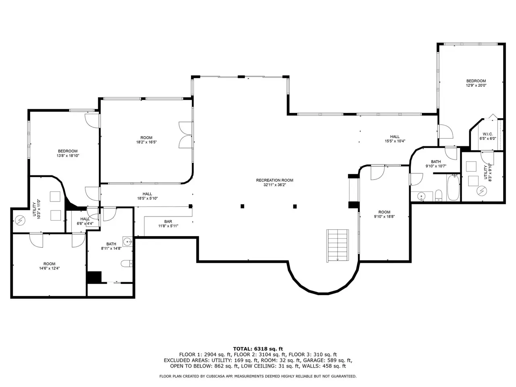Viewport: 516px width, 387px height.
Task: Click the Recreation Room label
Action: [275, 182]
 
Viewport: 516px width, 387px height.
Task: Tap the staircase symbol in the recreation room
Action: [337, 246]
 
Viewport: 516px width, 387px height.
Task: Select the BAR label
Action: [168, 223]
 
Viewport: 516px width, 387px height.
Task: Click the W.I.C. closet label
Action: [487, 136]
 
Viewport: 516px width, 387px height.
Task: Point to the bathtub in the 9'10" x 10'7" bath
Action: [453, 187]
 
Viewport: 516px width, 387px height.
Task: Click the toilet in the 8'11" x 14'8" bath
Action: [127, 263]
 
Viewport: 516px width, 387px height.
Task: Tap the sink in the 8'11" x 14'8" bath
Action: [127, 241]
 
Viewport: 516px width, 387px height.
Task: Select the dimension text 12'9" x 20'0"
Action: [476, 85]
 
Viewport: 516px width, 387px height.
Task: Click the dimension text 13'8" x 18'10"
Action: [68, 156]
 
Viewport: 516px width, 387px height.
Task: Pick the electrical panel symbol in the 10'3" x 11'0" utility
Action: [20, 220]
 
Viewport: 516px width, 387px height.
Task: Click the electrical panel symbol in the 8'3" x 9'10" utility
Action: [481, 191]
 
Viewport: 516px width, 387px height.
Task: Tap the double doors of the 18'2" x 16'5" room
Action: [186, 135]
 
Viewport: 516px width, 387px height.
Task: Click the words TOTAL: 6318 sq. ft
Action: [258, 349]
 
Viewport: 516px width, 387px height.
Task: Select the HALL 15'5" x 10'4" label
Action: [395, 139]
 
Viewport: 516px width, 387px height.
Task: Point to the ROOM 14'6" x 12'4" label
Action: [49, 266]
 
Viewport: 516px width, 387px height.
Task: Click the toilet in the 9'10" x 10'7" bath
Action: [439, 196]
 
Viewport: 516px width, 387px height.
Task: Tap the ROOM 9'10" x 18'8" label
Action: [384, 214]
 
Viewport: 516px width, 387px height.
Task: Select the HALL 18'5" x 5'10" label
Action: [148, 196]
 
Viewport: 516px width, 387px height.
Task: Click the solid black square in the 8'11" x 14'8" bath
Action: [94, 277]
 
